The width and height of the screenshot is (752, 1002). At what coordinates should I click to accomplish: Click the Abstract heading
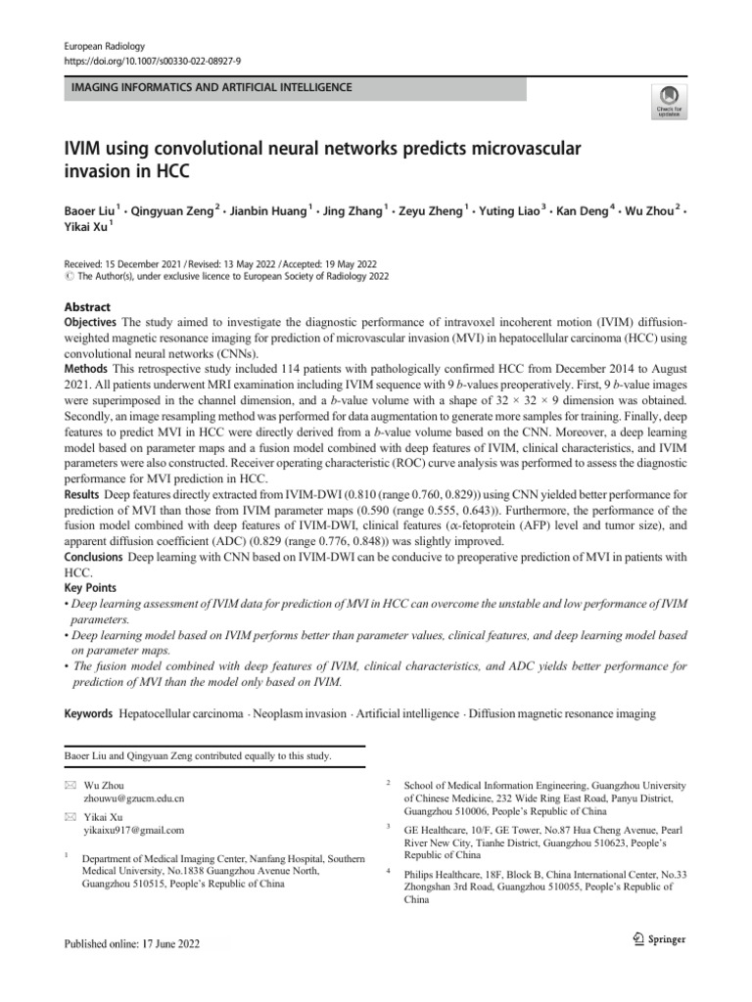coord(87,306)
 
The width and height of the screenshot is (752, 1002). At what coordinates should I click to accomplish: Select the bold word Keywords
coord(88,714)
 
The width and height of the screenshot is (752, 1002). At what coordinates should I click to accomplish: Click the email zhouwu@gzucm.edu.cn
coord(134,798)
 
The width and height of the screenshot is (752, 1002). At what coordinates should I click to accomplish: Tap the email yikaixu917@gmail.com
coord(133,831)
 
